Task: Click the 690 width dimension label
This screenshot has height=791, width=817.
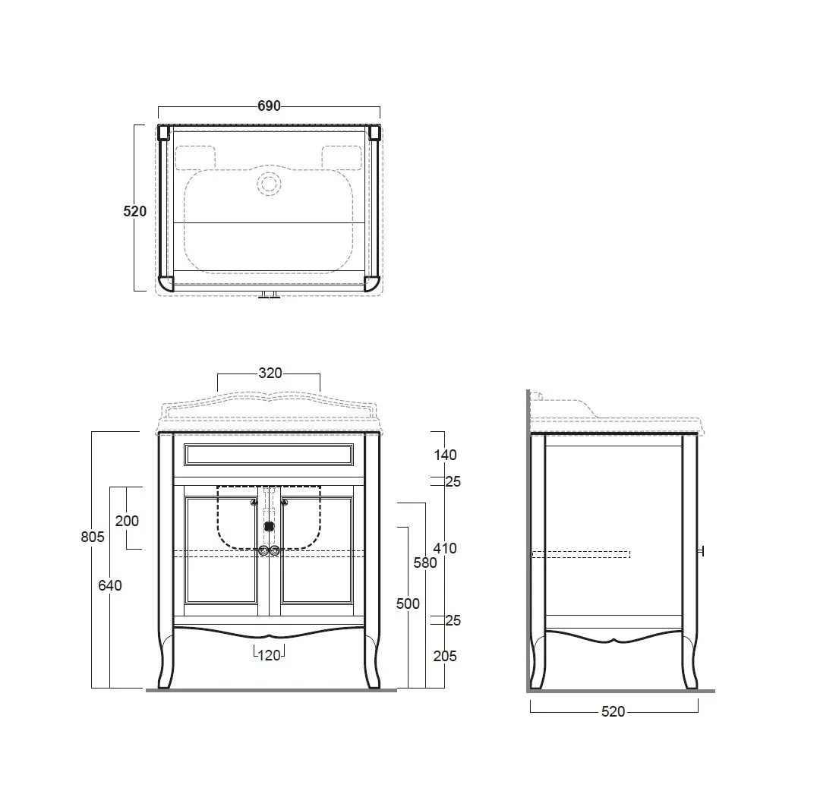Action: point(269,106)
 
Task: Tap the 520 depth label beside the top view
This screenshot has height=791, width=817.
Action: point(135,211)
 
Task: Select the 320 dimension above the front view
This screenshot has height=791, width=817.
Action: point(270,373)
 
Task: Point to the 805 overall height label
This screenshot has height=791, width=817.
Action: point(93,536)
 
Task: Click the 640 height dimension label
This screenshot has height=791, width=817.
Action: point(110,585)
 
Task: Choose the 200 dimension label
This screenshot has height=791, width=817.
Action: point(127,521)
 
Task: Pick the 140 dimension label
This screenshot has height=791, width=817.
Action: point(445,455)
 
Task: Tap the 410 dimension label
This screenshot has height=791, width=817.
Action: point(445,548)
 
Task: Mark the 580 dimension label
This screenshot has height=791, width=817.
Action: point(425,563)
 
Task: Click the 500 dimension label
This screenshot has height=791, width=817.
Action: point(408,603)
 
